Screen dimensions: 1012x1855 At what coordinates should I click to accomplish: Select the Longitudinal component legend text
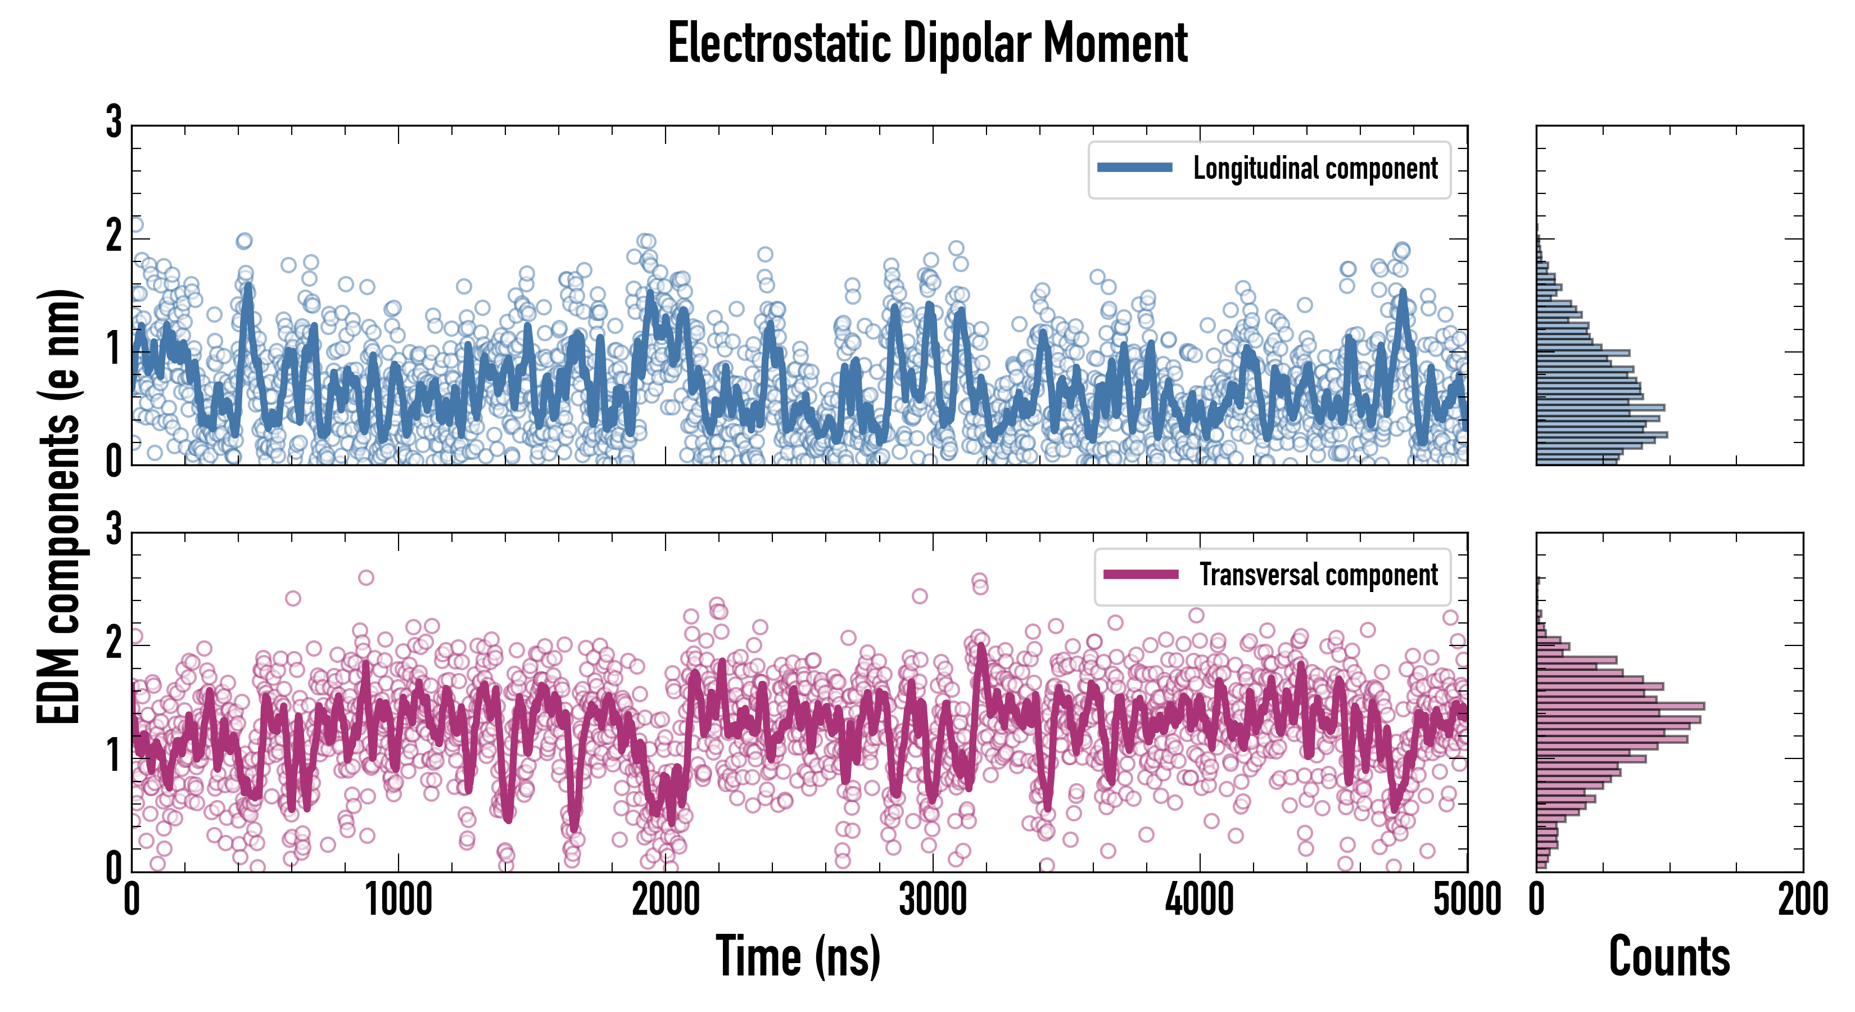1315,169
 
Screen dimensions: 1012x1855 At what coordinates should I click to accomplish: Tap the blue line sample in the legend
1134,168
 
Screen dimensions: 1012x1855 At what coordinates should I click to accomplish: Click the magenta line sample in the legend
1141,574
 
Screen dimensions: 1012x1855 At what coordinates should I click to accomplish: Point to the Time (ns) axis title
798,956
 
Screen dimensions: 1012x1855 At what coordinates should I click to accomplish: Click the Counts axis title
1669,956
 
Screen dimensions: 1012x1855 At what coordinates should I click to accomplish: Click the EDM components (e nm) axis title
59,507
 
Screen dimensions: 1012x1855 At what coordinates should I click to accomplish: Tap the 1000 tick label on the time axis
398,900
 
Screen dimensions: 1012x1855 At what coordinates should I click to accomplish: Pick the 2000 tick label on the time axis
666,900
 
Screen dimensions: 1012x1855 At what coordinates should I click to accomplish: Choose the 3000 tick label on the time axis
933,900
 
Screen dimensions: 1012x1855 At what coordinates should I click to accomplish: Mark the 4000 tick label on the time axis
1200,900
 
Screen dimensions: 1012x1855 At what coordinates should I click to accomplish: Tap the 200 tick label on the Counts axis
1802,900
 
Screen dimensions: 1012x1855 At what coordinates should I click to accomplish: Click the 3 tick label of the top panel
114,123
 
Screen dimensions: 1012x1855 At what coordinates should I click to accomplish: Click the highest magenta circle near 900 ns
366,577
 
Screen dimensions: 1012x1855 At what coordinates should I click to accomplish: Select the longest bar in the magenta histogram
1620,706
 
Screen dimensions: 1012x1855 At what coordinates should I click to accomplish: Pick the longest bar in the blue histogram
1601,435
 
